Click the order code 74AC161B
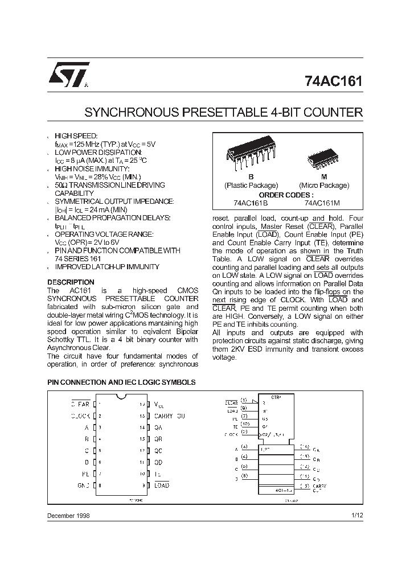pos(251,203)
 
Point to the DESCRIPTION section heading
pos(71,282)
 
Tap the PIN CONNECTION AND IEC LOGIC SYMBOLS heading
pos(121,382)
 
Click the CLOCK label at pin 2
pos(80,416)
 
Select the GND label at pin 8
pos(83,486)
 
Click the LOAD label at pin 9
pos(162,486)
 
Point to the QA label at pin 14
pos(158,427)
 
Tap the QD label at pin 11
pos(158,462)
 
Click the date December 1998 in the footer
pos(68,515)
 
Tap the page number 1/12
pos(356,515)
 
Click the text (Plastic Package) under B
pos(251,186)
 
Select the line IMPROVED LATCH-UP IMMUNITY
pos(106,267)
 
